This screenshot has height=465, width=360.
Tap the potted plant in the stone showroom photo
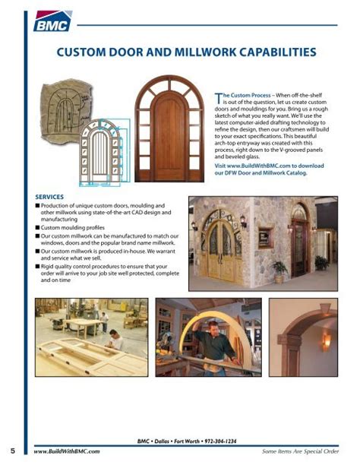pyautogui.click(x=279, y=270)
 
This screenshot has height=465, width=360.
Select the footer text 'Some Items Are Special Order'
pyautogui.click(x=301, y=452)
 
